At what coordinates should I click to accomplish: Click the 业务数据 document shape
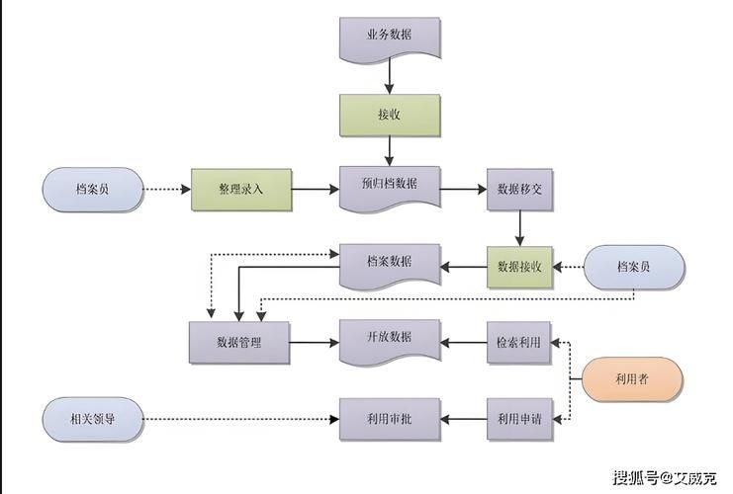[x=389, y=37]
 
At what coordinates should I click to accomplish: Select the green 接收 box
[x=389, y=114]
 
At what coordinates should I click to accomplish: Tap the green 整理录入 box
[x=241, y=188]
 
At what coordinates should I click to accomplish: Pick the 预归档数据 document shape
[x=389, y=187]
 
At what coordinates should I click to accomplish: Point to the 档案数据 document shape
[x=389, y=264]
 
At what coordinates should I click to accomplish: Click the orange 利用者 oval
[x=631, y=378]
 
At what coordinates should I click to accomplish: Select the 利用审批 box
[x=389, y=420]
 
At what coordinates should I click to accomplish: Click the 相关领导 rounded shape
[x=93, y=420]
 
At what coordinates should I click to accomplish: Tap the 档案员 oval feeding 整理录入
[x=92, y=188]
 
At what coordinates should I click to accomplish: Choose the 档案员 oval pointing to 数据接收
[x=633, y=266]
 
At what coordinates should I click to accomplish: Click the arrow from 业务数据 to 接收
[x=389, y=75]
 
